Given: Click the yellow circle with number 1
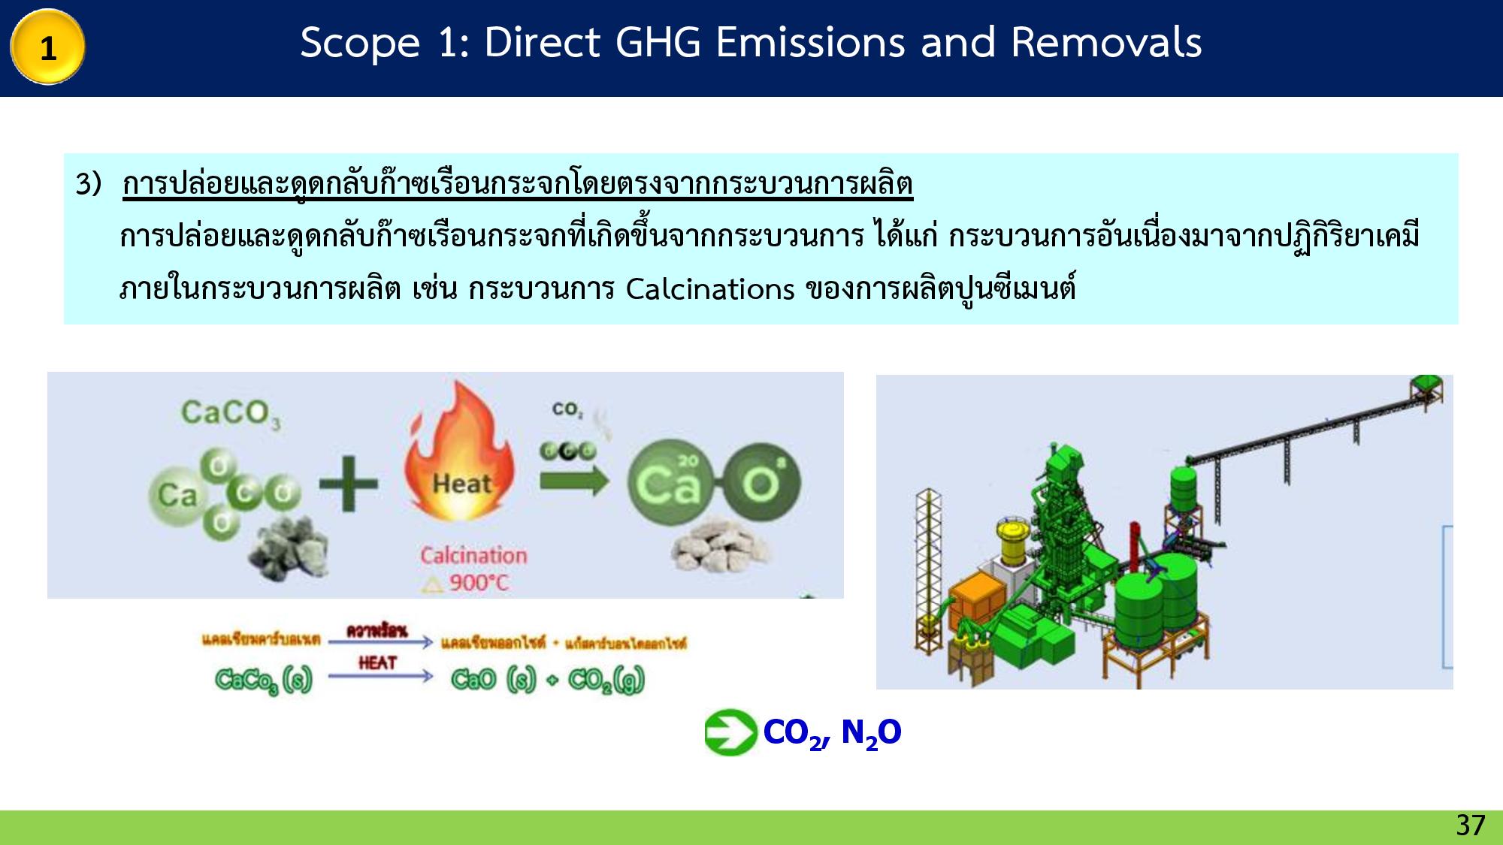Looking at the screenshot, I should [x=47, y=47].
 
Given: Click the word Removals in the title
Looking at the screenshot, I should [x=1105, y=42].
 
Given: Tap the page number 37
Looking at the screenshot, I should [x=1470, y=825].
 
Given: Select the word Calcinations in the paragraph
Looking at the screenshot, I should [x=709, y=289].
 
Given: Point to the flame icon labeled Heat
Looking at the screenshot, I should [x=460, y=458].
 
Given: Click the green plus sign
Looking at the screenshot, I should [x=348, y=484].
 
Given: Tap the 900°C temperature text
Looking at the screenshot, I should [x=478, y=583].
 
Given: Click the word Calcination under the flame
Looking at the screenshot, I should [x=473, y=556].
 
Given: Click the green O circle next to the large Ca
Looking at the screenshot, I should [x=761, y=484].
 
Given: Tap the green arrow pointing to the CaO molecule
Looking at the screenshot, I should [x=573, y=480].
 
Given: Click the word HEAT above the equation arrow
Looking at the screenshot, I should [x=377, y=662].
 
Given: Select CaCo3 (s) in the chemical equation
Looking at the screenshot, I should [x=263, y=680].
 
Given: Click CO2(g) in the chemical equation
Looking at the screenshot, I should [x=606, y=680].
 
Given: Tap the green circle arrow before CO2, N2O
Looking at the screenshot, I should [x=730, y=732].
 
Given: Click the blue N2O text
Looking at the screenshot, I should [x=871, y=732].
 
